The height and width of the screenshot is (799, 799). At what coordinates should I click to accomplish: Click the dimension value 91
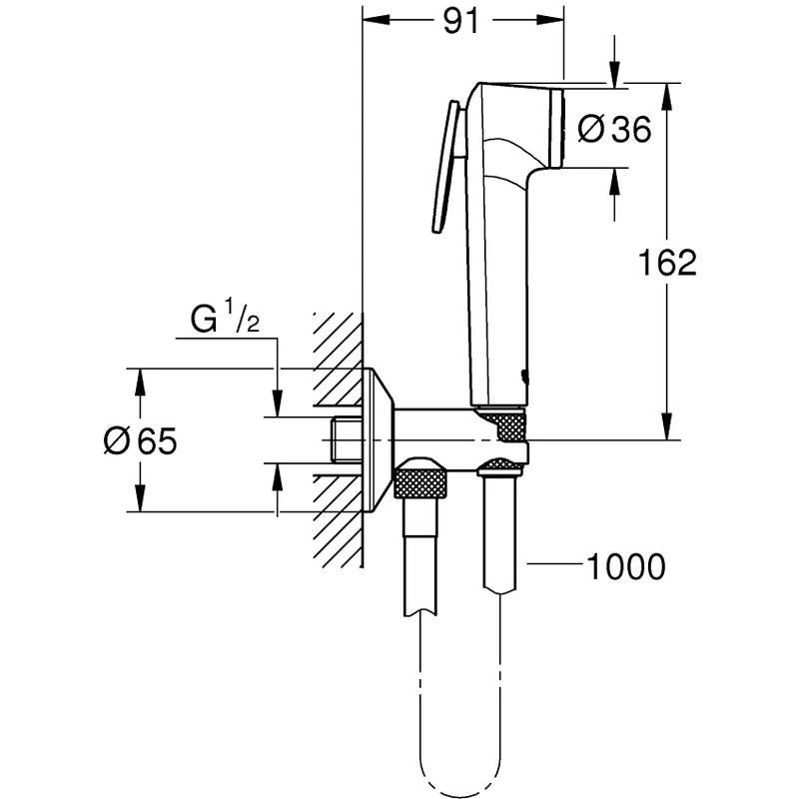click(x=459, y=23)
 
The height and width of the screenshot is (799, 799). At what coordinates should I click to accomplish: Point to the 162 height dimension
click(x=667, y=263)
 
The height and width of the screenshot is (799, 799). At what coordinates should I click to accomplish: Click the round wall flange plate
click(x=378, y=439)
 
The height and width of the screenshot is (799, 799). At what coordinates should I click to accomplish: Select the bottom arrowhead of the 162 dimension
click(x=667, y=429)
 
